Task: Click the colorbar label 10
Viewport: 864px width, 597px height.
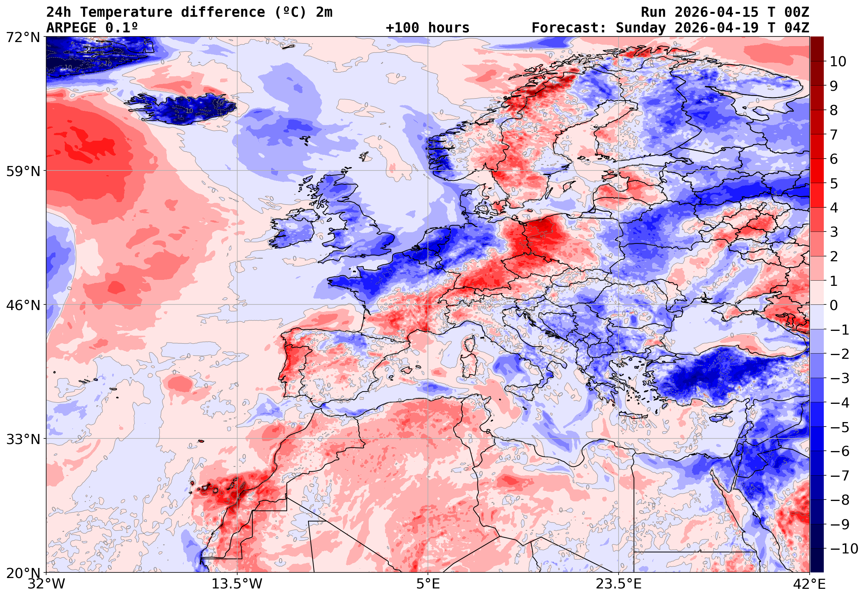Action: click(838, 62)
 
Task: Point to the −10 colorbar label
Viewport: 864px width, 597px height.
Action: click(844, 549)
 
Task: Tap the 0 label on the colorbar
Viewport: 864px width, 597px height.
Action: click(834, 305)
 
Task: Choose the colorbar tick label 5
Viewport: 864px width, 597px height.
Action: click(834, 183)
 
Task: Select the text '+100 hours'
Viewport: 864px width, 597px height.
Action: click(427, 28)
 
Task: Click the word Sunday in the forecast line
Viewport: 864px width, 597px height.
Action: click(641, 28)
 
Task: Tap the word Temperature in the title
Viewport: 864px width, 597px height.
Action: click(126, 12)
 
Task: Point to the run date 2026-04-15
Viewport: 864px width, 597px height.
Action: click(717, 12)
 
